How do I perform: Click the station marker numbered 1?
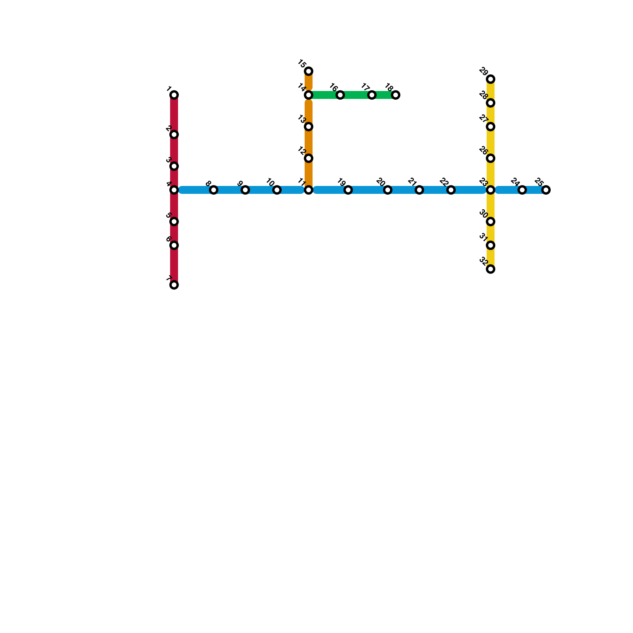pos(174,95)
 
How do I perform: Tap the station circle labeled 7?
pos(174,285)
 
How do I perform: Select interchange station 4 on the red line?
pos(174,190)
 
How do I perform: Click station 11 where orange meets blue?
pos(309,190)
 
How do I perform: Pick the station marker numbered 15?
pos(309,71)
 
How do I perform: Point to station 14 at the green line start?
pos(309,95)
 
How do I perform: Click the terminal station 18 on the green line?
pos(396,95)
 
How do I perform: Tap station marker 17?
pos(372,95)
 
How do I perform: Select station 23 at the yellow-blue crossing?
pos(491,190)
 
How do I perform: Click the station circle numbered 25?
pos(546,190)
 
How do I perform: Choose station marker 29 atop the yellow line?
pos(491,79)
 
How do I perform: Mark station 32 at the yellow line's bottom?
pos(491,269)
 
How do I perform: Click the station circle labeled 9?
pos(245,190)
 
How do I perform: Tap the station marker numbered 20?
pos(388,190)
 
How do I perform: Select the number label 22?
pos(443,182)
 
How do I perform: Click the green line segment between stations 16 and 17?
pos(356,95)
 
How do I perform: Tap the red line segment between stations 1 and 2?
pos(174,115)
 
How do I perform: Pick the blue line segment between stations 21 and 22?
pos(435,190)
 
